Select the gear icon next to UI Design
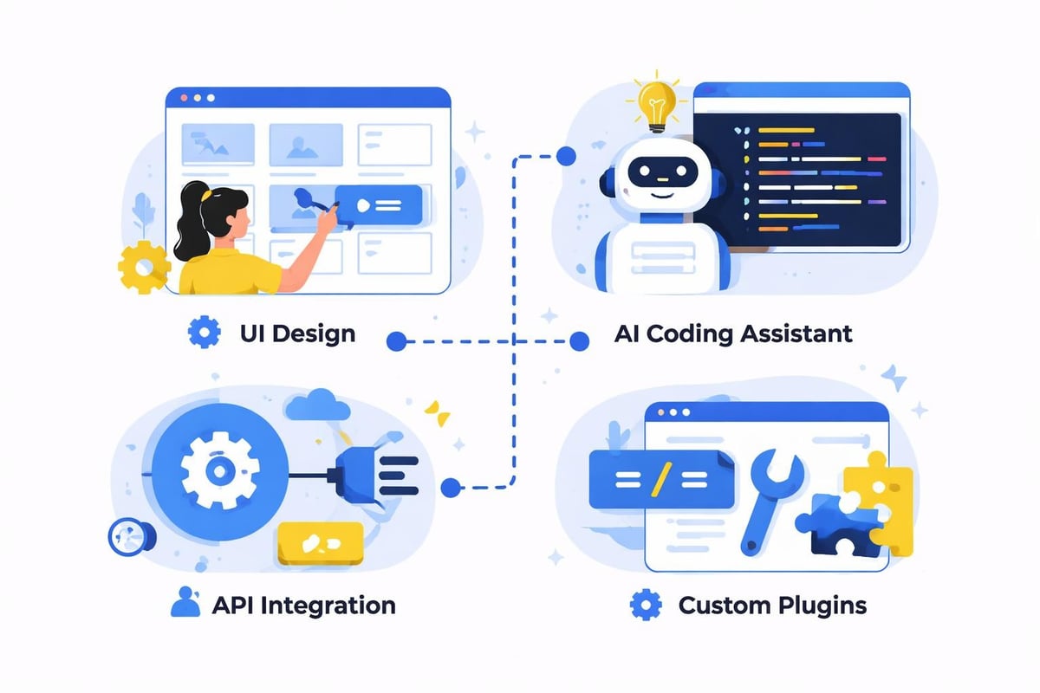pyautogui.click(x=204, y=333)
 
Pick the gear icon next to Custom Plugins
pyautogui.click(x=644, y=604)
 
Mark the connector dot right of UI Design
pyautogui.click(x=396, y=341)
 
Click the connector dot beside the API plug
pyautogui.click(x=449, y=488)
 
